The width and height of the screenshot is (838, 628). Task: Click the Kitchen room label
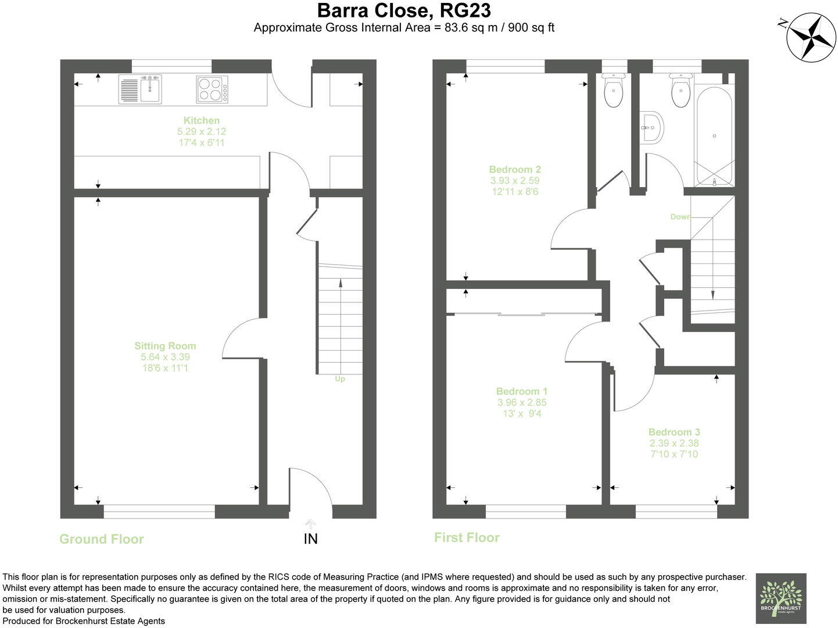point(201,120)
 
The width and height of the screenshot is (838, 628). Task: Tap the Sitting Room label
point(165,346)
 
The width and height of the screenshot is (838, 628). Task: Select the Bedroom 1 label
point(521,391)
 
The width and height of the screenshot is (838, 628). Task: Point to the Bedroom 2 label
point(515,169)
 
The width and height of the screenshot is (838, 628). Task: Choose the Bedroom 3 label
point(674,432)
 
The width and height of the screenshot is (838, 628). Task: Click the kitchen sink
point(140,89)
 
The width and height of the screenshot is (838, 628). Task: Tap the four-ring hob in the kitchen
point(212,90)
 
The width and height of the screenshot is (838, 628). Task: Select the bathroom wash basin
point(653,127)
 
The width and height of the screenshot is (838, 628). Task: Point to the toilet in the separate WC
point(614,90)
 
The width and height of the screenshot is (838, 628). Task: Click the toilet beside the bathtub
point(681,90)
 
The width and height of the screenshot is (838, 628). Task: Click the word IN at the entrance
point(310,538)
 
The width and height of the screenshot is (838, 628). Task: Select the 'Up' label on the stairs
point(340,379)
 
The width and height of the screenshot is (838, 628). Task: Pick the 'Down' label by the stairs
point(681,216)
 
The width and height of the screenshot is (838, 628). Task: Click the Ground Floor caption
point(102,539)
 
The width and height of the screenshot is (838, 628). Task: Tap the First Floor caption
point(467,537)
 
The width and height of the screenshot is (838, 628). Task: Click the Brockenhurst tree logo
point(781,598)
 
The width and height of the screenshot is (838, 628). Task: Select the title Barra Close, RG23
point(404,10)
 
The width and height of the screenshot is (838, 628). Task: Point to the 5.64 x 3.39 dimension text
point(165,357)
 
